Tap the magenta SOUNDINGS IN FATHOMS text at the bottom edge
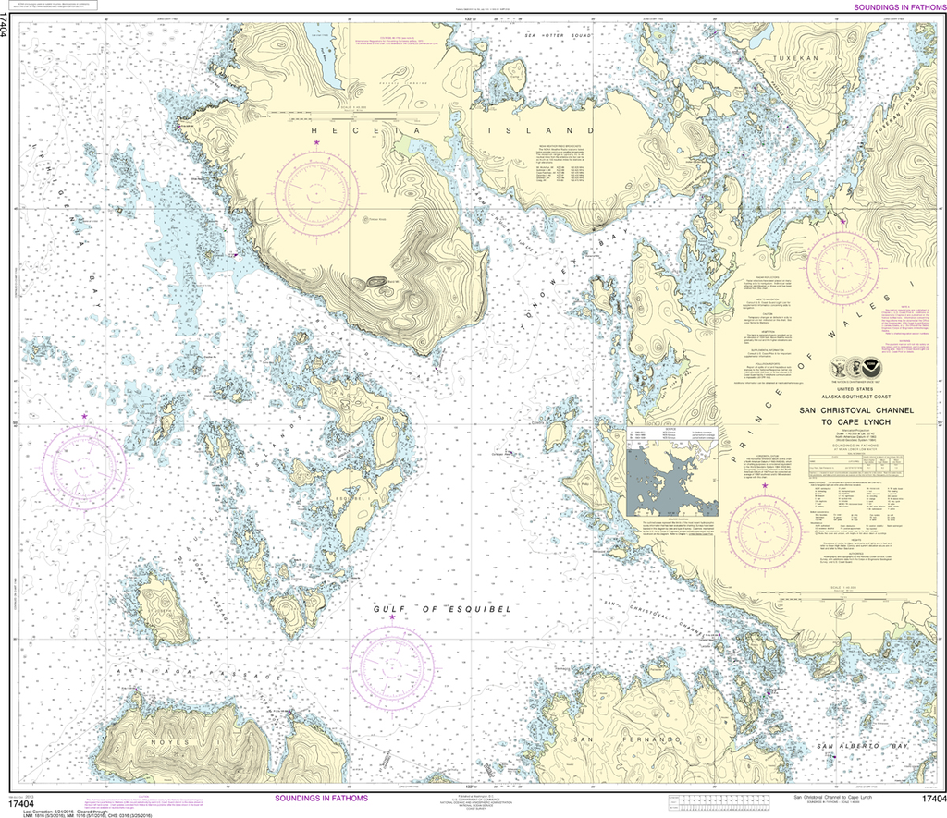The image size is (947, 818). click(321, 798)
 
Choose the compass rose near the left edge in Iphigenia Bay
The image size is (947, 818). click(85, 463)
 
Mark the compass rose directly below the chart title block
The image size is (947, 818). click(764, 531)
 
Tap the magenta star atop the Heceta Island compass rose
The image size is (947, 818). click(316, 142)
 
